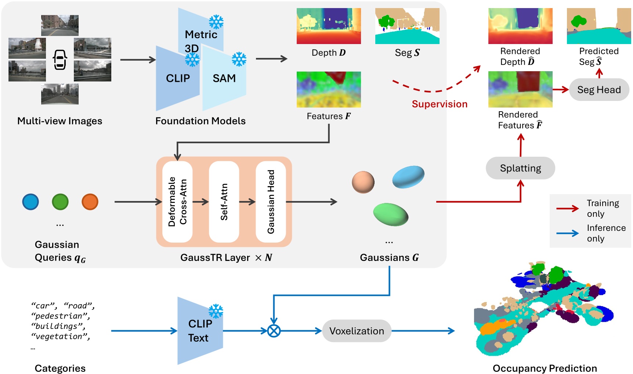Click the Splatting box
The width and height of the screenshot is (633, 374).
point(520,168)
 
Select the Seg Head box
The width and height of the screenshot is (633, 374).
point(599,90)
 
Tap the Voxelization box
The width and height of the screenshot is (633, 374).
point(357,331)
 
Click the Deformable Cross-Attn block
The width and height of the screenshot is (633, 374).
point(177,201)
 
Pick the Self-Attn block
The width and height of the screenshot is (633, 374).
point(224,201)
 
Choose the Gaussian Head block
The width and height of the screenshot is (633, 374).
point(271,201)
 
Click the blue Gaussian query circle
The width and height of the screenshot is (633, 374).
point(30,201)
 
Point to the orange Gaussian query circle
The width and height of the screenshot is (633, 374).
point(90,201)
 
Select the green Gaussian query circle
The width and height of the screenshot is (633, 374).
point(60,201)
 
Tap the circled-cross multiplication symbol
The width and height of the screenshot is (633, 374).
point(274,331)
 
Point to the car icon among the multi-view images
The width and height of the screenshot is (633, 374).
point(60,60)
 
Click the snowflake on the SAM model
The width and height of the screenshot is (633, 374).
point(239,59)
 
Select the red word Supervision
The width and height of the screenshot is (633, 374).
point(440,104)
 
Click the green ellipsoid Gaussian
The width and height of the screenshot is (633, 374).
point(390,214)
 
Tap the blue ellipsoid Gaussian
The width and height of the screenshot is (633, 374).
point(408,177)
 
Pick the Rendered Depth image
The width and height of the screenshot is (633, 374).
point(520,26)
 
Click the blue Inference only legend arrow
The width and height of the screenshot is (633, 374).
point(567,233)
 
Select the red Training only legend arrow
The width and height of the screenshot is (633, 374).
point(567,208)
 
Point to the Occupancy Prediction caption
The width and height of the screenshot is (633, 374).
point(545,368)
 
